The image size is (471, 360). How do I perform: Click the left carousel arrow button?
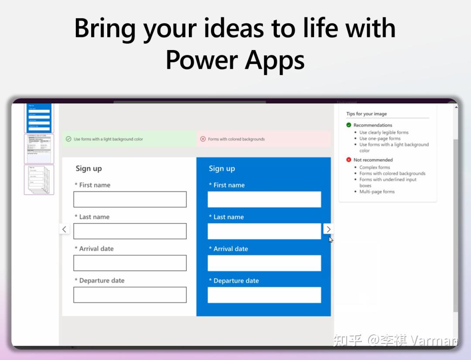pos(65,229)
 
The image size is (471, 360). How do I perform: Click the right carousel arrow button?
pos(328,229)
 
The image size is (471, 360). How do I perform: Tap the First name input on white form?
pos(130,199)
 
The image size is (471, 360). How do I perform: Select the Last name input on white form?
pos(130,231)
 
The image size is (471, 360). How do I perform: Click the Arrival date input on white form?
pos(130,263)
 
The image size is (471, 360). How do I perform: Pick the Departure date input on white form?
pos(130,295)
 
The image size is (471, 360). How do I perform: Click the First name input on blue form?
pos(264,199)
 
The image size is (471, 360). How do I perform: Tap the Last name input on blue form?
pos(264,231)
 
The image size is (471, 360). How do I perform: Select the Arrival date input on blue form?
pos(264,263)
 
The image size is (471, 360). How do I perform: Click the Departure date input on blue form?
pos(264,295)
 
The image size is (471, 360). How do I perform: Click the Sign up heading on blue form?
pos(222,169)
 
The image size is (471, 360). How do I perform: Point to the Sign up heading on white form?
pos(89,169)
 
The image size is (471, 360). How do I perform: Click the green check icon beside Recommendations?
pos(349,125)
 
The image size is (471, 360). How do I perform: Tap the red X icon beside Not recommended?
pos(349,160)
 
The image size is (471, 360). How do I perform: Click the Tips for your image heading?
pos(366,114)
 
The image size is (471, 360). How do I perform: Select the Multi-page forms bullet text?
pos(377,191)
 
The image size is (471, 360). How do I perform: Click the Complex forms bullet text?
pos(375,167)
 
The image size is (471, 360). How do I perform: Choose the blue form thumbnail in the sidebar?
pos(39,118)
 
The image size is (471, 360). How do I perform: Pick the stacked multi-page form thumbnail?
pos(39,180)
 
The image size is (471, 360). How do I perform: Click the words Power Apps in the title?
pos(235,60)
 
